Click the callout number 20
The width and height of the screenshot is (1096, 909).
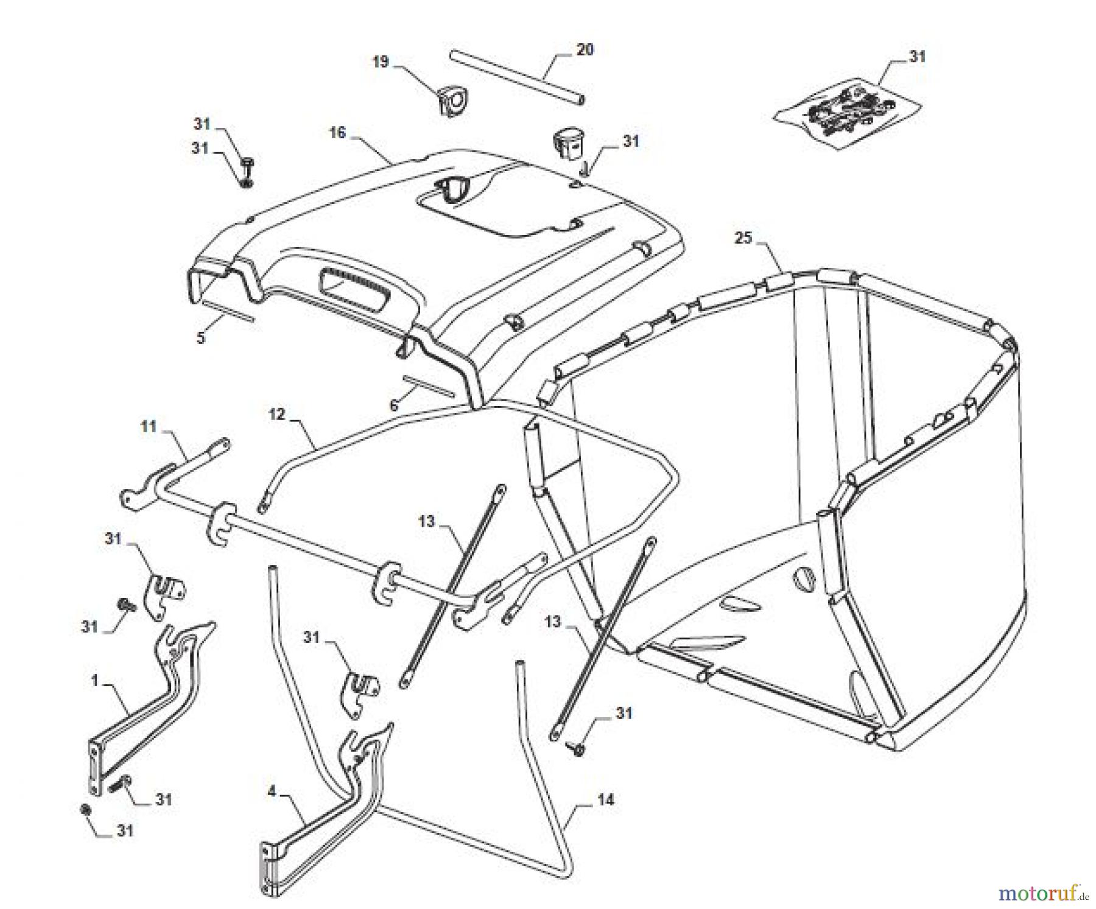585,50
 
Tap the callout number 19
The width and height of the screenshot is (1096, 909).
381,62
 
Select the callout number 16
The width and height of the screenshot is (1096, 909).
337,133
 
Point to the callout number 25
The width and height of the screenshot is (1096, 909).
743,237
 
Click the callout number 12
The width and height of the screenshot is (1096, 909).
277,415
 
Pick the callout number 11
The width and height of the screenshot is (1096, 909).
149,426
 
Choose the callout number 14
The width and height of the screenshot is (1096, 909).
605,799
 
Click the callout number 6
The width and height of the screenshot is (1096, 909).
394,405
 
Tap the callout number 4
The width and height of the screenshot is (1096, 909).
272,791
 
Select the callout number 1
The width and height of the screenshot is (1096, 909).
94,680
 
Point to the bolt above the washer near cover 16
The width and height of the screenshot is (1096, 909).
247,164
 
